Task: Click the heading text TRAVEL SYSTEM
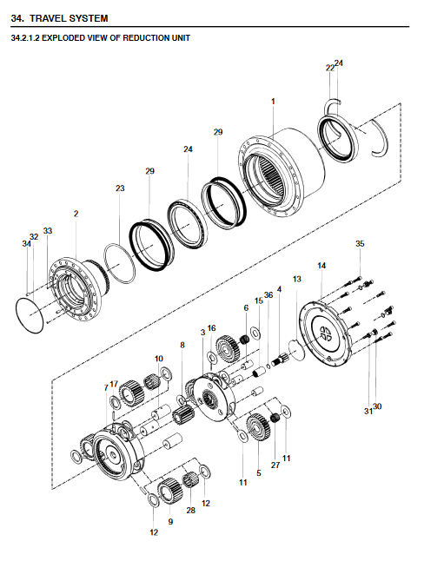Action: coord(69,18)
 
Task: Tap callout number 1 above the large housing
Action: coord(273,102)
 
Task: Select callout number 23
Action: coord(120,188)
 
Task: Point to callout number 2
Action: coord(76,214)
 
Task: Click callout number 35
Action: coord(360,244)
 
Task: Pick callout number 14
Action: coord(321,266)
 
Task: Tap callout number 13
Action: coord(297,279)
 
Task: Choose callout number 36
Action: coord(268,294)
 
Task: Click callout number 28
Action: coord(191,510)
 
